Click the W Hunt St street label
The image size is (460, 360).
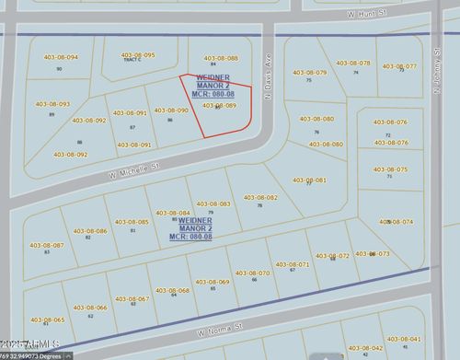[x=363, y=15]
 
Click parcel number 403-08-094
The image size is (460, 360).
[x=60, y=57]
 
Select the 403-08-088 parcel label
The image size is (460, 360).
[x=219, y=57]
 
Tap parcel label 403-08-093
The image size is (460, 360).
[x=52, y=104]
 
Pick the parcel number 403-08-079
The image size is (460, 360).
[x=309, y=72]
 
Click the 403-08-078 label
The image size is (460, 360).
[x=353, y=63]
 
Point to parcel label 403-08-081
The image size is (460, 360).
[x=309, y=180]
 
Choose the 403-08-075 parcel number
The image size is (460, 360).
[x=389, y=168]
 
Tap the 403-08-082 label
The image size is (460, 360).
[x=259, y=197]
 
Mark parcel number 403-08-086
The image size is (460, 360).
[x=88, y=230]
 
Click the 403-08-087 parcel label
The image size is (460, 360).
[x=46, y=244]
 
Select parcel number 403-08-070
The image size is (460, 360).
[x=251, y=273]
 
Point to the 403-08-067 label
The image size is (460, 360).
[x=131, y=298]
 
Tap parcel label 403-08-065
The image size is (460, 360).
[x=47, y=319]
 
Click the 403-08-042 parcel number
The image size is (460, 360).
[x=364, y=348]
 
